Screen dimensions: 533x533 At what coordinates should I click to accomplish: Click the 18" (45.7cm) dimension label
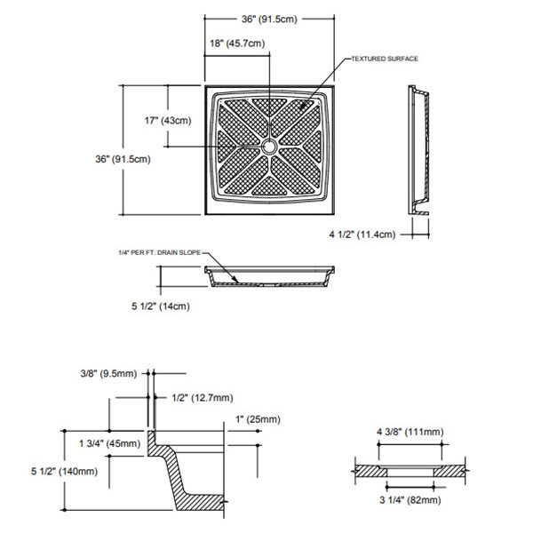pos(236,43)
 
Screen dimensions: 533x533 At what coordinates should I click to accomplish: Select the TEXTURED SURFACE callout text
pos(385,58)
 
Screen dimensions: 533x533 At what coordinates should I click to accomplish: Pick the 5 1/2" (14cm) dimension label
pos(161,307)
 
